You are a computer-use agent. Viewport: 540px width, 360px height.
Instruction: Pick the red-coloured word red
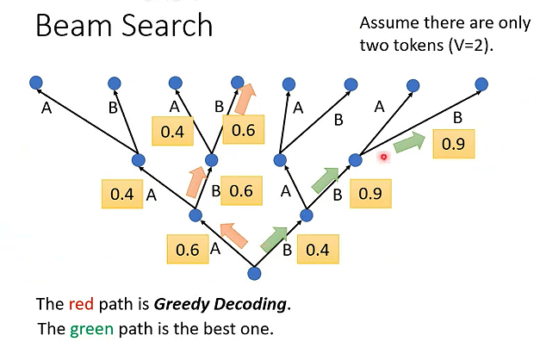coord(78,304)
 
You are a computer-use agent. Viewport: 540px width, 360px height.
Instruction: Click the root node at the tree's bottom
coord(253,274)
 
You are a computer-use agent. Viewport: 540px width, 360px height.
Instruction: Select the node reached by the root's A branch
coord(195,215)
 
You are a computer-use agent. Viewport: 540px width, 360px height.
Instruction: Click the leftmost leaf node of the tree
coord(35,83)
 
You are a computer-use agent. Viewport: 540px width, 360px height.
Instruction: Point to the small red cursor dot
coord(383,157)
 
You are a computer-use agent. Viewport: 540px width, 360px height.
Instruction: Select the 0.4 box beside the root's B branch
coord(318,251)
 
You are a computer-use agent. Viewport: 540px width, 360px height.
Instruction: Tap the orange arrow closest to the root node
coord(233,233)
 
